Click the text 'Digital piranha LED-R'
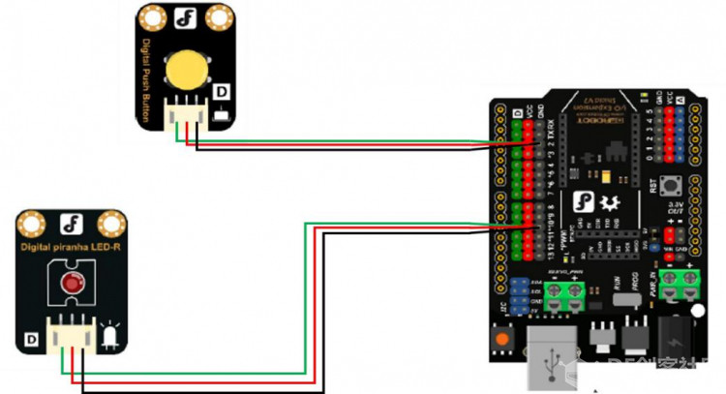71,248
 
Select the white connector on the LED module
72,332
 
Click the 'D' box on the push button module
222,92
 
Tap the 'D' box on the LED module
31,341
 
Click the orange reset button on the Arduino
503,340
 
